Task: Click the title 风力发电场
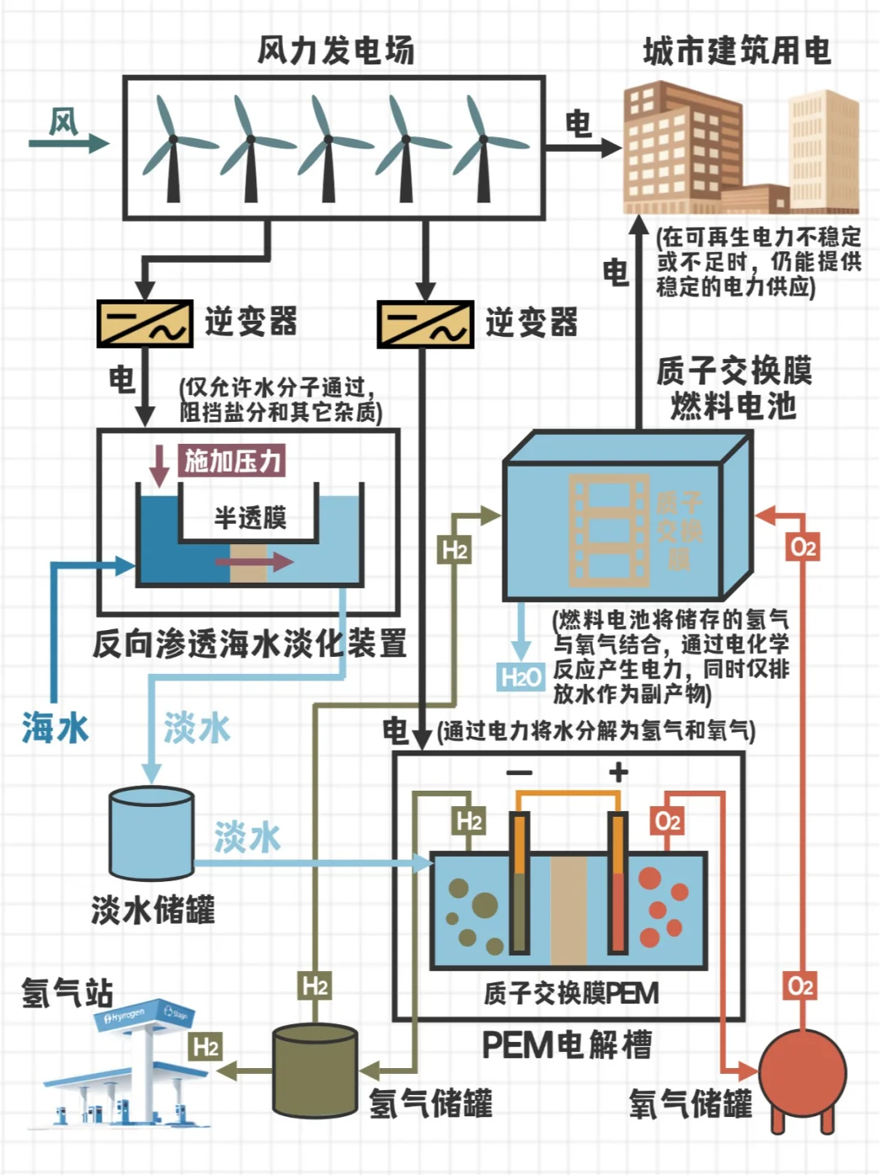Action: [335, 51]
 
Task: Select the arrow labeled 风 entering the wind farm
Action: [69, 143]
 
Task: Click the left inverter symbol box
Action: [144, 323]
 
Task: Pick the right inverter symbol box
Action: [425, 324]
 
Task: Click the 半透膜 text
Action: [250, 517]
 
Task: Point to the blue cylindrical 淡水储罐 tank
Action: [152, 833]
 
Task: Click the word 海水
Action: [55, 727]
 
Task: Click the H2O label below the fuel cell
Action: [520, 676]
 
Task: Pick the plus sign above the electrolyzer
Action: [618, 771]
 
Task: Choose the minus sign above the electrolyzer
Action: [520, 772]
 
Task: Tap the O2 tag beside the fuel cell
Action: [803, 547]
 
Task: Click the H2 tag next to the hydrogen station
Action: [206, 1047]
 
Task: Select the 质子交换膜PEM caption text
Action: [570, 993]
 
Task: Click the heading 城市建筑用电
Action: [737, 51]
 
